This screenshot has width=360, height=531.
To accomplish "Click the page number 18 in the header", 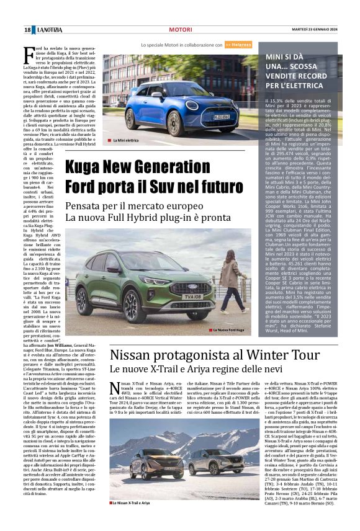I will (28, 30).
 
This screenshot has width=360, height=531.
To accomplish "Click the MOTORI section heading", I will (181, 30).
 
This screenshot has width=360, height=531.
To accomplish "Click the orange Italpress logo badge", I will (238, 45).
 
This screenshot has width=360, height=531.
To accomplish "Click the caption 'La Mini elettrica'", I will (126, 141).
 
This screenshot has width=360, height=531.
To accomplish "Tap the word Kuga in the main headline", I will (84, 166).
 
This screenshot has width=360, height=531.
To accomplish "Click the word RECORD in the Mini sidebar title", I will (314, 74).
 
